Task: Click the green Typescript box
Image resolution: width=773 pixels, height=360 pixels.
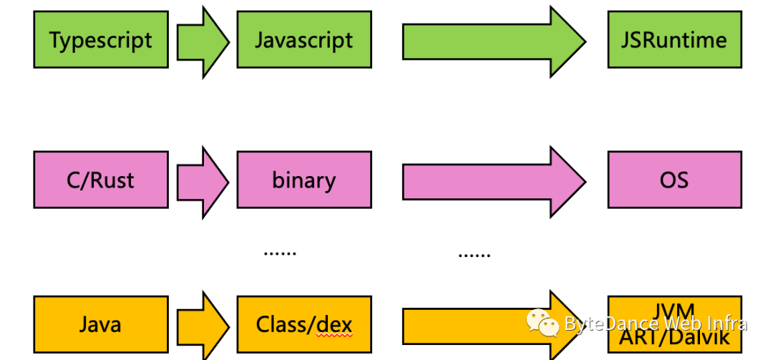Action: [x=101, y=39]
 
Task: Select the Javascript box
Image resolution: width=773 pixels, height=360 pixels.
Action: [x=304, y=39]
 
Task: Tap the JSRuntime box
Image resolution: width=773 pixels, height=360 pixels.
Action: [x=674, y=39]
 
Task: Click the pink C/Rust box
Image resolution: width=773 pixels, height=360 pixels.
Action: [x=101, y=180]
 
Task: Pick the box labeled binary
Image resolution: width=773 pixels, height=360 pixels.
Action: [x=304, y=180]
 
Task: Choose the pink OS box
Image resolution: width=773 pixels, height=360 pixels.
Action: [x=674, y=180]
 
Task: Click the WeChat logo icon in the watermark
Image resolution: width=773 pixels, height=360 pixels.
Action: [x=543, y=323]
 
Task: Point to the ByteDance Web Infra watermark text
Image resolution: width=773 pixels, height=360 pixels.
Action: [x=656, y=324]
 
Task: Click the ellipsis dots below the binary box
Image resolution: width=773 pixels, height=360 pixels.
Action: [x=280, y=252]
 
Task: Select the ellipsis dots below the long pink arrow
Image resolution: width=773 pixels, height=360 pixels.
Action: [x=474, y=253]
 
